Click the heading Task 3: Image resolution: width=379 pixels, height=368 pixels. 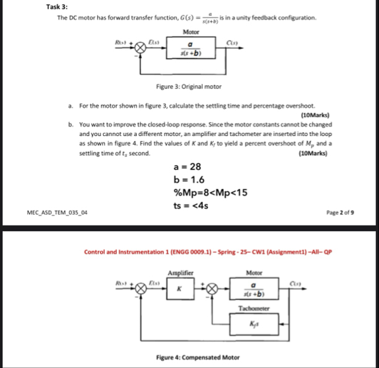(57, 7)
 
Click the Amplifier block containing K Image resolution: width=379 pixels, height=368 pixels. (178, 289)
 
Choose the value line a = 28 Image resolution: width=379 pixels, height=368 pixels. (188, 167)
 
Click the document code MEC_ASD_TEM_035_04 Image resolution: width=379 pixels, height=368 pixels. (58, 213)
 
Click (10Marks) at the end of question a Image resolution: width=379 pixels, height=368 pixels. (314, 115)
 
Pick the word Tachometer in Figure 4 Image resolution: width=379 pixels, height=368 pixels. (254, 308)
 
